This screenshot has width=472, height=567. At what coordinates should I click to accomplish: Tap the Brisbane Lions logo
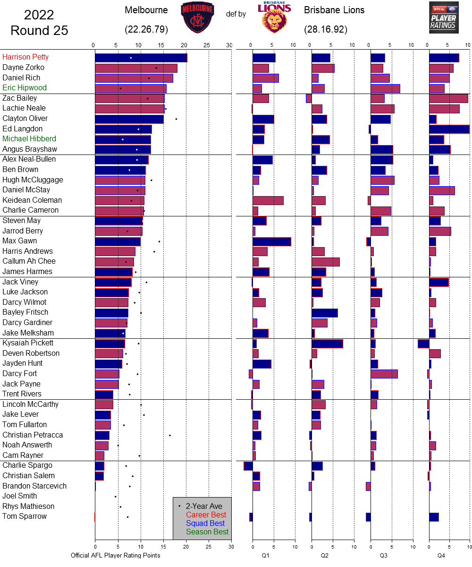(x=274, y=17)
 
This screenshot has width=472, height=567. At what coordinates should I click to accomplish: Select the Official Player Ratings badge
(x=444, y=17)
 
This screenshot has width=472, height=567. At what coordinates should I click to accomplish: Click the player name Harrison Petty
(x=25, y=57)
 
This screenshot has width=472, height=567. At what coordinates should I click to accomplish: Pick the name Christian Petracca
(x=33, y=435)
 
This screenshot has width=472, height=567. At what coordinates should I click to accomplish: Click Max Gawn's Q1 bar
(x=271, y=241)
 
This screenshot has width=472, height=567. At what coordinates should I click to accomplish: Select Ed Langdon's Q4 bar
(x=449, y=129)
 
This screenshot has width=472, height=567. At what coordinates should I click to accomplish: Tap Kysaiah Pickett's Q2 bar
(x=327, y=344)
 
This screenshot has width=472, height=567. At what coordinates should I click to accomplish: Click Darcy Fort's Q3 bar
(x=384, y=374)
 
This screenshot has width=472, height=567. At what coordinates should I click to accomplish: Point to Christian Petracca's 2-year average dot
(x=170, y=435)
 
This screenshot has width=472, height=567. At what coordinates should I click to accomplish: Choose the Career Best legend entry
(x=206, y=515)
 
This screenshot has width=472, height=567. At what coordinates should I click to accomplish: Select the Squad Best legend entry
(x=205, y=523)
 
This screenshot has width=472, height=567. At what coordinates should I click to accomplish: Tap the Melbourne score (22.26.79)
(x=146, y=29)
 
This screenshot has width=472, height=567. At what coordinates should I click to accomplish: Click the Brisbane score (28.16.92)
(x=326, y=29)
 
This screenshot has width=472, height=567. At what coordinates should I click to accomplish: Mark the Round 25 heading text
(x=39, y=31)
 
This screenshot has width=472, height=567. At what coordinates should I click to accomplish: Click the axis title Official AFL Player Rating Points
(x=116, y=555)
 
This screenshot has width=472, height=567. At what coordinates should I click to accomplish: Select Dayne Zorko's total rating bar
(x=136, y=68)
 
